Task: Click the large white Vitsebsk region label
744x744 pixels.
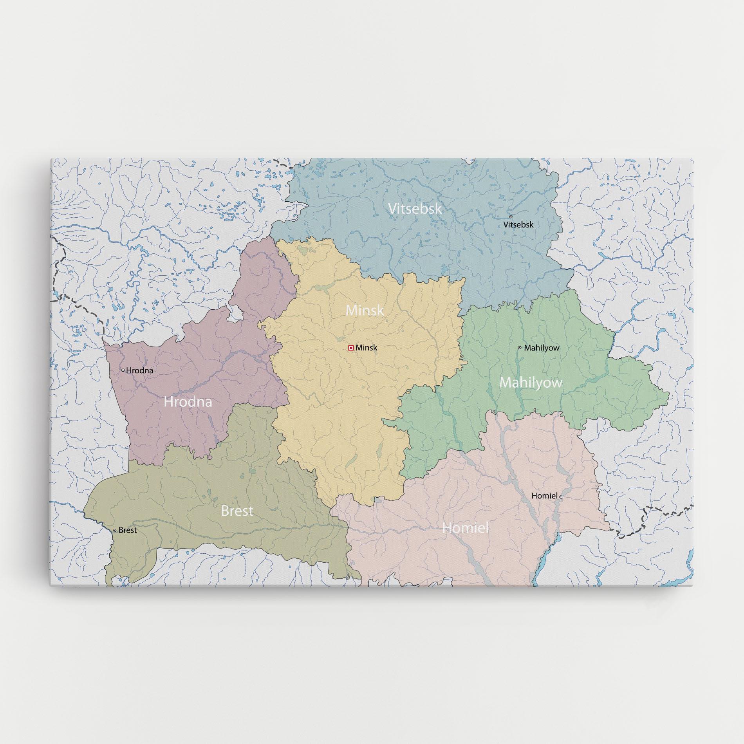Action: pyautogui.click(x=415, y=208)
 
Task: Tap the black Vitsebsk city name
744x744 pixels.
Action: pyautogui.click(x=518, y=225)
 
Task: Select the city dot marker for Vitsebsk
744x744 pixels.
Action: pyautogui.click(x=511, y=216)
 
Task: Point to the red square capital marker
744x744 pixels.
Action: pyautogui.click(x=351, y=347)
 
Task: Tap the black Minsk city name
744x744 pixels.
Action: pyautogui.click(x=367, y=347)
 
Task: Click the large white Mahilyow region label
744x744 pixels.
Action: pyautogui.click(x=531, y=383)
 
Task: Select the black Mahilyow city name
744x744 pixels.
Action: pyautogui.click(x=542, y=348)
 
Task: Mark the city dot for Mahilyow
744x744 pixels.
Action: pyautogui.click(x=520, y=347)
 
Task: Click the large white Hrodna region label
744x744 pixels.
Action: pyautogui.click(x=188, y=402)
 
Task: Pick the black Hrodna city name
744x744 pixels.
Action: pyautogui.click(x=140, y=370)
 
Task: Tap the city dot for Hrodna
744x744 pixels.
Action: pyautogui.click(x=123, y=370)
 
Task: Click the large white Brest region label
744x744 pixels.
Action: pyautogui.click(x=237, y=511)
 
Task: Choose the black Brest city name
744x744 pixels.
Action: pyautogui.click(x=128, y=530)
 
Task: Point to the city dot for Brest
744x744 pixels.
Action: pyautogui.click(x=115, y=530)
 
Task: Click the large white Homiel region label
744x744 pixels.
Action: pyautogui.click(x=466, y=528)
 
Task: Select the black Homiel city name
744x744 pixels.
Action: pyautogui.click(x=544, y=496)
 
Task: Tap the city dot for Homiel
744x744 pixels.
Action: pyautogui.click(x=561, y=497)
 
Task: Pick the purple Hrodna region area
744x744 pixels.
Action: pyautogui.click(x=164, y=431)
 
